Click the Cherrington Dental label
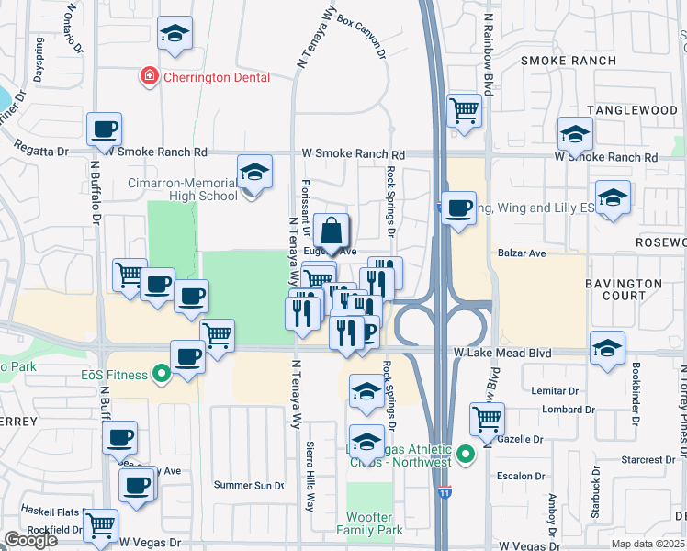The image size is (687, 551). coord(217,77)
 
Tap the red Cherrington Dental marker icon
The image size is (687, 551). coord(148,76)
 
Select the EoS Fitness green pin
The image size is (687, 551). coord(163,374)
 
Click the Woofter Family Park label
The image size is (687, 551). coord(369,523)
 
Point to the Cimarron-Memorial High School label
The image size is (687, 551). coord(179,189)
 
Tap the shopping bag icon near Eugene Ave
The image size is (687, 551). coord(332,231)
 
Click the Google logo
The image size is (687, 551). coord(30,540)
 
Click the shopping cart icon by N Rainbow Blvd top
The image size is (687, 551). coord(465,111)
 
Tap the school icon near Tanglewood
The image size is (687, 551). coord(575,134)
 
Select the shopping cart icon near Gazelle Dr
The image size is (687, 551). coord(487,419)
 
